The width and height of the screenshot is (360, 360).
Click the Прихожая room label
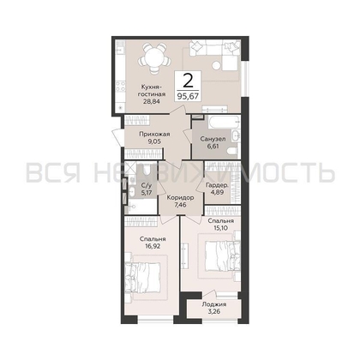[151, 135]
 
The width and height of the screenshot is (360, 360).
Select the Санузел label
[213, 138]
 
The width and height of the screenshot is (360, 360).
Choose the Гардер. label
[215, 184]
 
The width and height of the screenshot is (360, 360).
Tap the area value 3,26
[215, 313]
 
